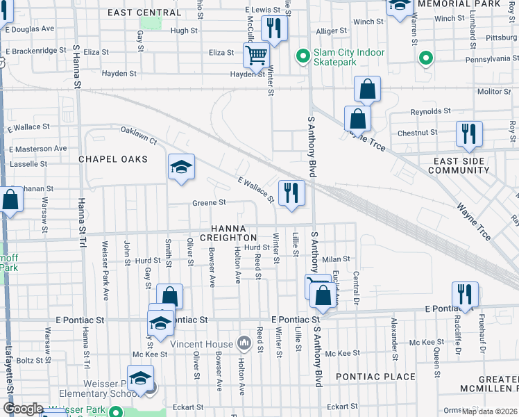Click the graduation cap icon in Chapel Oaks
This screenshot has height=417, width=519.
(181, 167)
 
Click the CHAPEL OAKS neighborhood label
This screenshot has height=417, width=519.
(113, 159)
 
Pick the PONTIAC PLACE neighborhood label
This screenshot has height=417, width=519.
(375, 377)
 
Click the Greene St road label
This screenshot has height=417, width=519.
(210, 203)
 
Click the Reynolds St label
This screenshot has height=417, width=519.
(430, 111)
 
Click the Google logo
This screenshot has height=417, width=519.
(22, 409)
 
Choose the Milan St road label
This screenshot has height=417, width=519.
(334, 258)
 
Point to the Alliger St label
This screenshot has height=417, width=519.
(331, 31)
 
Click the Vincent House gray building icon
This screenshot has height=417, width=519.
(244, 343)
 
